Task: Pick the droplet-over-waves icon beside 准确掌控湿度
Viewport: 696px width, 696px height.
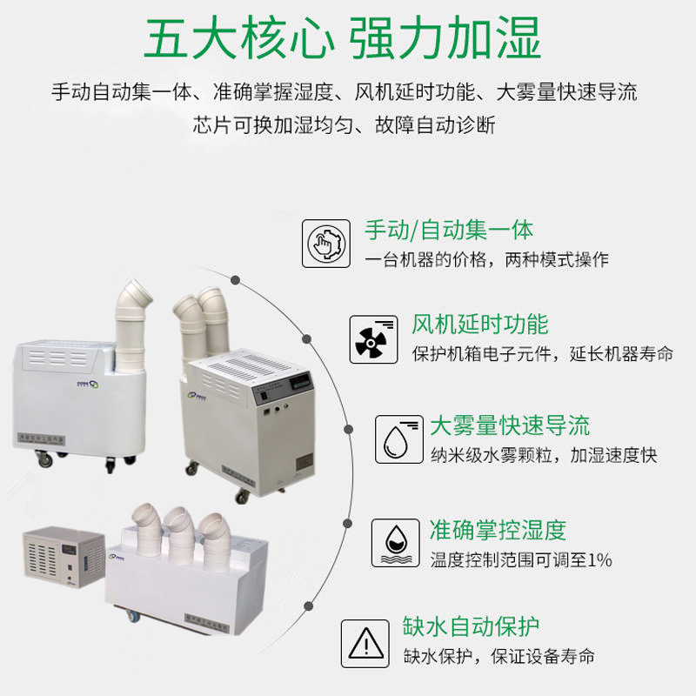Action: click(393, 541)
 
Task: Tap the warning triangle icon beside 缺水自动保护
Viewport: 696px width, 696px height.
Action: click(365, 642)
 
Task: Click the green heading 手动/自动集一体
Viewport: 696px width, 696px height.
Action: click(449, 230)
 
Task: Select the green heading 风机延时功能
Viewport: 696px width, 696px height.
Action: click(479, 325)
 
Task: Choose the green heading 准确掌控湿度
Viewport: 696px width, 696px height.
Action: click(498, 528)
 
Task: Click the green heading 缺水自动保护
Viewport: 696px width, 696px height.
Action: click(471, 626)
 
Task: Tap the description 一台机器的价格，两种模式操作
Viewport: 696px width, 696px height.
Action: click(486, 259)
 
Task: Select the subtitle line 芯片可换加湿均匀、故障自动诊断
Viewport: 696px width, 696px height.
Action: click(344, 124)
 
